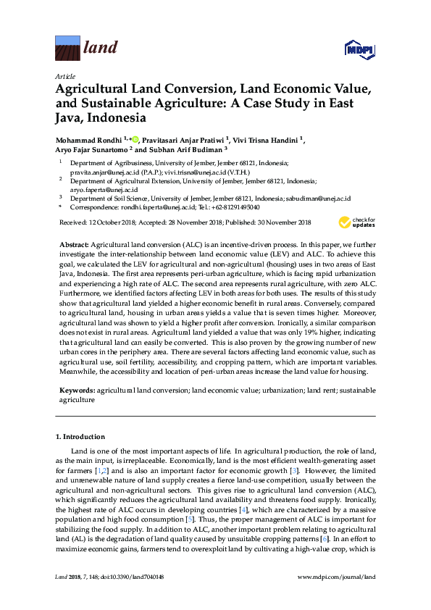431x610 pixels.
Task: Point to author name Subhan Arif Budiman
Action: click(185, 151)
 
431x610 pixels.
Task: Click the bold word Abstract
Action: click(74, 246)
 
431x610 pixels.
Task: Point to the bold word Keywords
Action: click(77, 390)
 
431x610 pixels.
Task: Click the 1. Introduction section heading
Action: click(80, 437)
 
